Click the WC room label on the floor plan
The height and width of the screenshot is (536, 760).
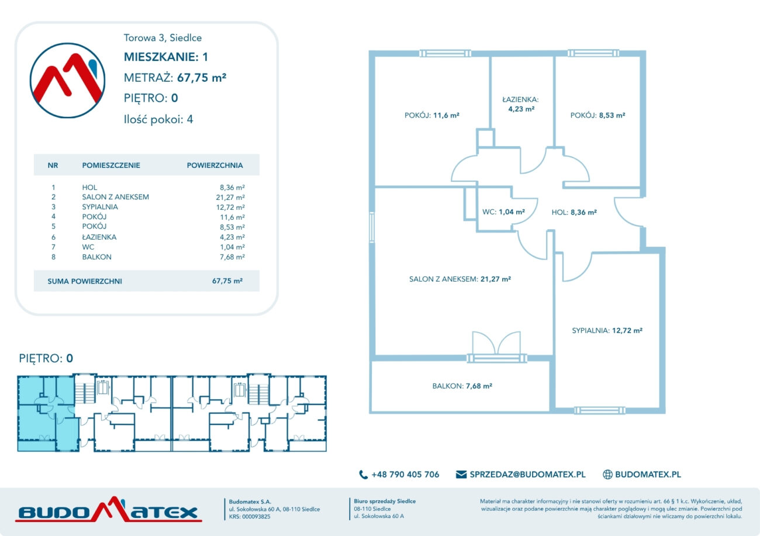coord(503,212)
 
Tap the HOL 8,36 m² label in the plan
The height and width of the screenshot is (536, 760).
coord(574,212)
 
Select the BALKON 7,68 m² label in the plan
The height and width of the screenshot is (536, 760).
coord(462,386)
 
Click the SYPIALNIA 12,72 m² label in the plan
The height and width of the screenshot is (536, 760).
coord(607,330)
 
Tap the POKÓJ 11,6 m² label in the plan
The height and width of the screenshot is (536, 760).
coord(432,115)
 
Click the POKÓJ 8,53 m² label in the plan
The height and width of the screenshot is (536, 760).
coord(598,115)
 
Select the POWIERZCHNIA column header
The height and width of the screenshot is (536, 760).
coord(215,165)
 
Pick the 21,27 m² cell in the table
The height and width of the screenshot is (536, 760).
coord(230,197)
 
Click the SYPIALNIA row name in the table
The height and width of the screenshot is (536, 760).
coord(100,207)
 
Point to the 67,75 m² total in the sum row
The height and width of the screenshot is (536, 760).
coord(227,281)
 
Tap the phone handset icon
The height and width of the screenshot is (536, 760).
coord(364,475)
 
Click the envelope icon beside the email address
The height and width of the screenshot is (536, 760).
coord(461,474)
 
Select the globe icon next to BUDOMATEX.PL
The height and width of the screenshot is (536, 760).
coord(607,475)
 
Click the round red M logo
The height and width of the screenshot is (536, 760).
coord(67,81)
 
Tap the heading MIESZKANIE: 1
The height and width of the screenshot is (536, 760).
coord(166,57)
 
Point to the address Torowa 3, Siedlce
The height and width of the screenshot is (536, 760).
coord(163,37)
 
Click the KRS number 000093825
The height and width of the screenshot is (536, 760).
coord(256,517)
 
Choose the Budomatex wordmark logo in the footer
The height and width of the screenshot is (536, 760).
coord(109,510)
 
